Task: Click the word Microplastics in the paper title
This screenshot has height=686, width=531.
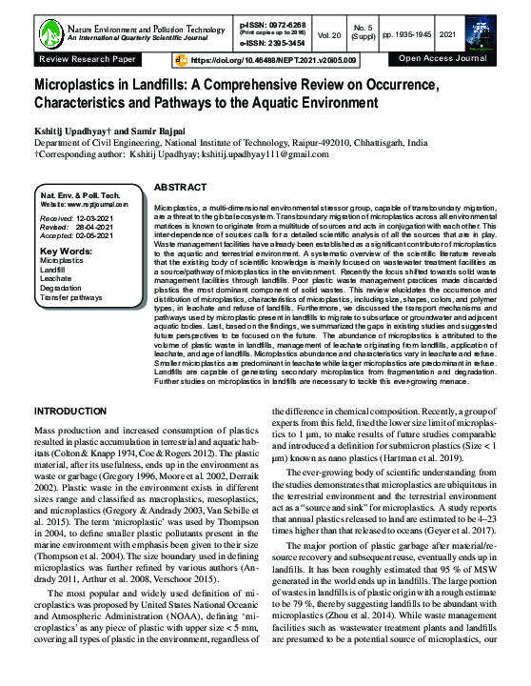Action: tap(84, 85)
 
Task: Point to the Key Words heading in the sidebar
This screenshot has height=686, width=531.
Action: tap(66, 252)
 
